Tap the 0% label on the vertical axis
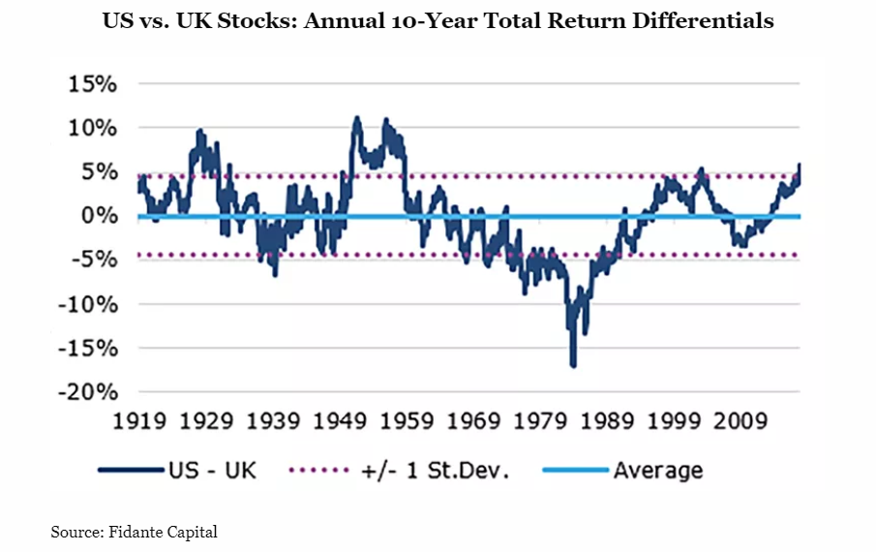[99, 216]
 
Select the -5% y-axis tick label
[94, 260]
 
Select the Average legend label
[657, 471]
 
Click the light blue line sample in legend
[572, 472]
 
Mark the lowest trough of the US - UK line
[573, 365]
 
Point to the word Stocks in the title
[256, 20]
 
